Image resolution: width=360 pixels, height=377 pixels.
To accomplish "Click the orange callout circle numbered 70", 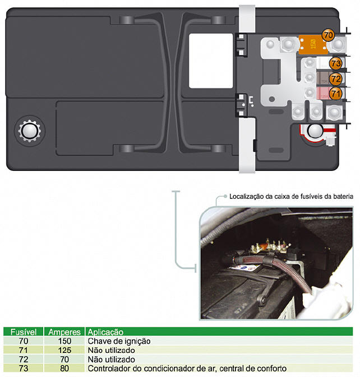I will point(328,35).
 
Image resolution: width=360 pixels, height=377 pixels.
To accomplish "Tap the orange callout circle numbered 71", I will point(335,94).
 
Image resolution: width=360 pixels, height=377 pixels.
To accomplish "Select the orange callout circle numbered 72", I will point(335,78).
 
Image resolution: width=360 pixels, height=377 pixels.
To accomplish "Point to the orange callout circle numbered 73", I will point(335,63).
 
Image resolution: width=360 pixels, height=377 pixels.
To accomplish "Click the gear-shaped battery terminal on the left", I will point(29,131).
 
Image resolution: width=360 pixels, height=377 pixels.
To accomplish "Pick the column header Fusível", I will point(24,332).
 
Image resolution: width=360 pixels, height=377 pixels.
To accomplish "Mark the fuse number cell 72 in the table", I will point(24,359).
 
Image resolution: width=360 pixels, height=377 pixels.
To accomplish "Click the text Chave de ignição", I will point(119,341).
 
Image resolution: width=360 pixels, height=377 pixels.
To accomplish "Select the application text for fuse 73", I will point(187,368).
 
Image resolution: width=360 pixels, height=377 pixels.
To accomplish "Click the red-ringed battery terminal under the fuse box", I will point(316,131).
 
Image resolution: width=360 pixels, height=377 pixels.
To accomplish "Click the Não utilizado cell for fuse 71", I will point(111,350).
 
